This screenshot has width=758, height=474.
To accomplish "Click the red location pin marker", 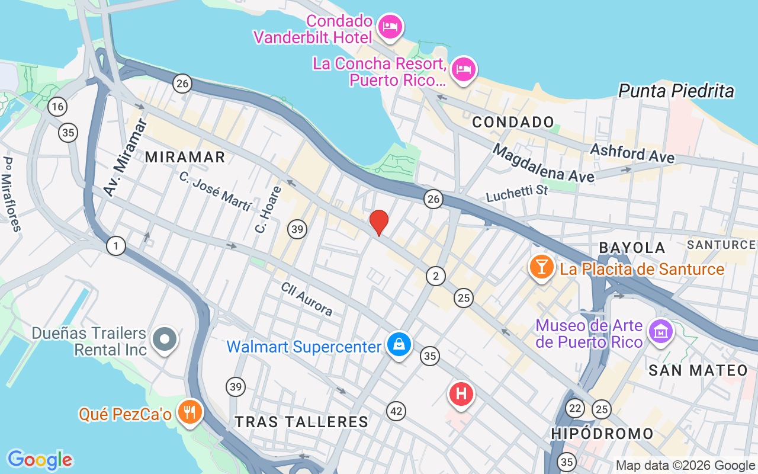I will [379, 222].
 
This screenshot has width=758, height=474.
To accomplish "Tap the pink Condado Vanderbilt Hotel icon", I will [391, 27].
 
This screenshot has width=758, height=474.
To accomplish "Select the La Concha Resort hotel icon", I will [463, 69].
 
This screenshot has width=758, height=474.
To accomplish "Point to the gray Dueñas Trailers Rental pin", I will [165, 340].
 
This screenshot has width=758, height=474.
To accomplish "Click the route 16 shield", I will [57, 107].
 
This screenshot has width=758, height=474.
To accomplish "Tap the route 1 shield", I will [116, 245].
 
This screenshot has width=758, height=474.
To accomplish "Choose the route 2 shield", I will [436, 276].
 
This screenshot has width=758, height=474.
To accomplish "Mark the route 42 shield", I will [396, 411].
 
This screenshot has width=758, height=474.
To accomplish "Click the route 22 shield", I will [574, 408].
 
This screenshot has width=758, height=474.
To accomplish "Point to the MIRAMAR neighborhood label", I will [185, 157].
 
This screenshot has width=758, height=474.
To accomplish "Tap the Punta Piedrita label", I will [676, 91].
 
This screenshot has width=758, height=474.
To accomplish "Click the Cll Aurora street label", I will [307, 299].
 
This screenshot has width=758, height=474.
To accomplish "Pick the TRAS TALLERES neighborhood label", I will [301, 422].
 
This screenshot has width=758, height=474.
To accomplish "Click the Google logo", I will [40, 460].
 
